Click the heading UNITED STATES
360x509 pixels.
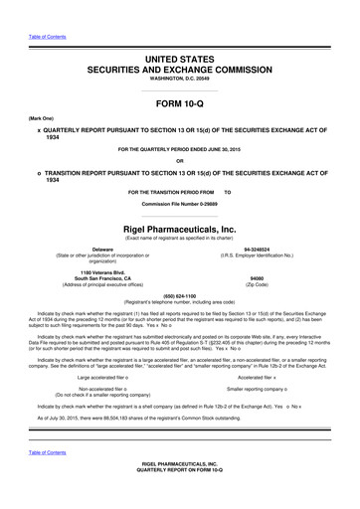(179, 61)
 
